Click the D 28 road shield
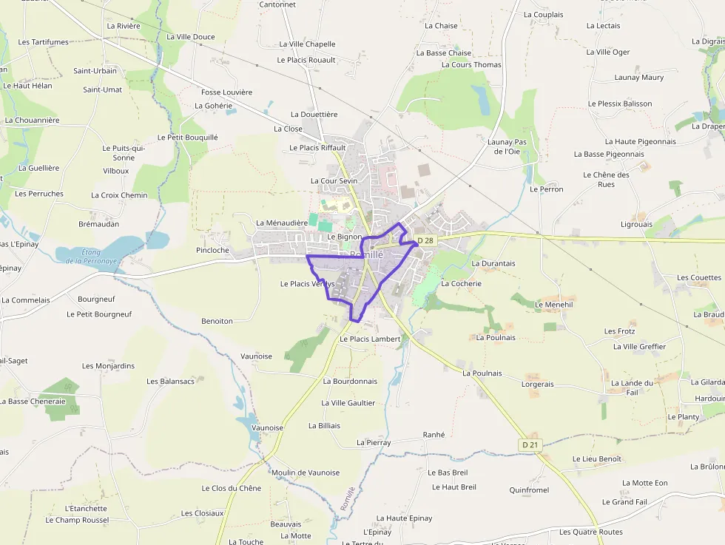coord(425,240)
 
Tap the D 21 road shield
coord(530,444)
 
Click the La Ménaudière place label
coord(281,223)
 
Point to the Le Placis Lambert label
coord(369,339)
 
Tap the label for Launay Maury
coord(638,78)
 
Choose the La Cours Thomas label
coord(471,65)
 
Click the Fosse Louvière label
coord(226,92)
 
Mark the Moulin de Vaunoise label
coord(305,473)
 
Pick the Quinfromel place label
coord(529,490)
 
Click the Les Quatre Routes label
coord(590,532)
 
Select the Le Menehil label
coord(553,305)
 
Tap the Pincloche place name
coord(212,251)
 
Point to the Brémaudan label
coord(98,224)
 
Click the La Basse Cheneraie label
coord(33,402)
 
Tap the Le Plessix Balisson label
coord(620,104)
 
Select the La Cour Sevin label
coord(334,181)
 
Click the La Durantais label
coord(493,263)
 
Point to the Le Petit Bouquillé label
coord(187,138)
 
